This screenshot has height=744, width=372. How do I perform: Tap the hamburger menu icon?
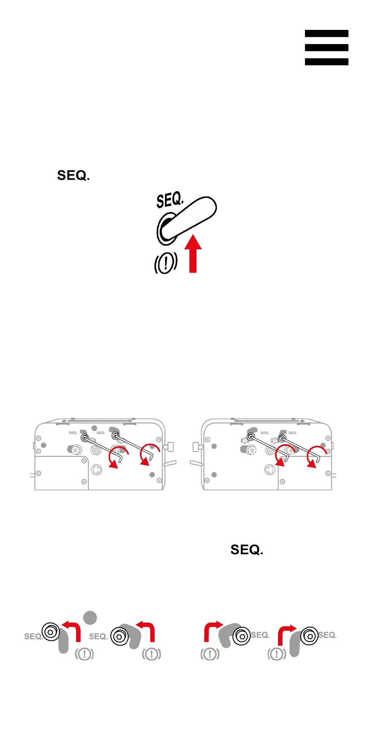tap(326, 48)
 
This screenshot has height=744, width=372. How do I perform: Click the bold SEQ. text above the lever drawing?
tap(73, 176)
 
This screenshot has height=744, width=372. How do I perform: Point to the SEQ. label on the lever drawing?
tap(169, 200)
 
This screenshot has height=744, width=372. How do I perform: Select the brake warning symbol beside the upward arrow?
tap(166, 262)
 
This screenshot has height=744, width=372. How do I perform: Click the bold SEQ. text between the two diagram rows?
tap(247, 550)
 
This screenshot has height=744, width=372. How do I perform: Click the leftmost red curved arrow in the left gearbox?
tap(117, 457)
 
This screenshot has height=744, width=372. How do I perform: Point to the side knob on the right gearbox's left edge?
tap(197, 447)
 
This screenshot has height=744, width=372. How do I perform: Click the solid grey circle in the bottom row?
tap(90, 618)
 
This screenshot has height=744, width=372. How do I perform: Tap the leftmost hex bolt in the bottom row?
tap(51, 632)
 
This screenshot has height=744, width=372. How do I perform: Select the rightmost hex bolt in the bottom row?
tap(309, 636)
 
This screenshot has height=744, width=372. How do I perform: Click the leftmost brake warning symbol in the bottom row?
tap(84, 654)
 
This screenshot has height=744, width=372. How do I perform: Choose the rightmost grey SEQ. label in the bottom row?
tap(327, 635)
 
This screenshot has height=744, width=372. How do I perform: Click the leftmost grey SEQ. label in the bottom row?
tap(33, 636)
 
